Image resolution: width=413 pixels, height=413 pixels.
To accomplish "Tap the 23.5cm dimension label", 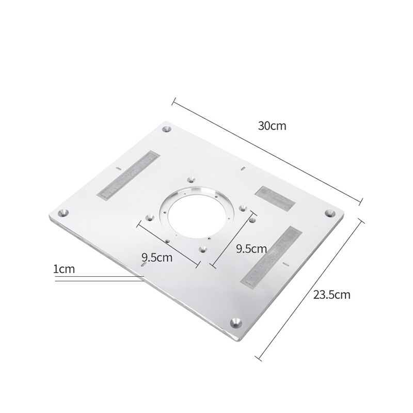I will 331,295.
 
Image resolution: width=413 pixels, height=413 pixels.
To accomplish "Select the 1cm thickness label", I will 64,268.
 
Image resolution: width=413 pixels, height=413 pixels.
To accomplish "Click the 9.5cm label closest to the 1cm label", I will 157,257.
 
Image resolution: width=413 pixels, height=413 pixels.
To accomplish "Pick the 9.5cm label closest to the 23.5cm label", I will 251,248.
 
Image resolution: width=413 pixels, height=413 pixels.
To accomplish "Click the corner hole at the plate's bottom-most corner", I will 236,323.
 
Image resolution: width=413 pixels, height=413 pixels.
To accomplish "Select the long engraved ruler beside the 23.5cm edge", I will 271,256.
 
